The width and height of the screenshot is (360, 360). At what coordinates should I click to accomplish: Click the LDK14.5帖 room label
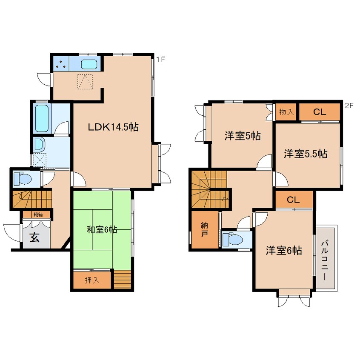(113, 127)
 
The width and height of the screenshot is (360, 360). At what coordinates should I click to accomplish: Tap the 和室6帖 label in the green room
(102, 229)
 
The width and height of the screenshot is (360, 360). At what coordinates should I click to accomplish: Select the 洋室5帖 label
(243, 136)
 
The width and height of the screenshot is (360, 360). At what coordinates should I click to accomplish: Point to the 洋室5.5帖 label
(306, 154)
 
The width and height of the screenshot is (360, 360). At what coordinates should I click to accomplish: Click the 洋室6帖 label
(284, 250)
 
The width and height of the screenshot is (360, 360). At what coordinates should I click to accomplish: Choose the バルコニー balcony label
(325, 260)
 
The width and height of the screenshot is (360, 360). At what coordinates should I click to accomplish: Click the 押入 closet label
(92, 280)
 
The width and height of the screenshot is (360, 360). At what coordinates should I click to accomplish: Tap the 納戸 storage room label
(205, 229)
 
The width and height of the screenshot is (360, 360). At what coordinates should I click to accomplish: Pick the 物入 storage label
(286, 112)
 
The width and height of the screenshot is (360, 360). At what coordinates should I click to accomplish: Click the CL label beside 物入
(320, 112)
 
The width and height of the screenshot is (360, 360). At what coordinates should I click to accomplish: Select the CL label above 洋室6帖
(293, 200)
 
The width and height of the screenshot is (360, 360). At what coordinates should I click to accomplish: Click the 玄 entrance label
(34, 237)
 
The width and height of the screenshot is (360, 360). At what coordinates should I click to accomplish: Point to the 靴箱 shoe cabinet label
(38, 215)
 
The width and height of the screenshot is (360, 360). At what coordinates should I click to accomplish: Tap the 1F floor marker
(161, 60)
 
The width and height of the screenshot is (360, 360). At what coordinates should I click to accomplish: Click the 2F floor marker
(349, 106)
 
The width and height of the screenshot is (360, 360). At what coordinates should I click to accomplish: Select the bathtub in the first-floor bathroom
(42, 118)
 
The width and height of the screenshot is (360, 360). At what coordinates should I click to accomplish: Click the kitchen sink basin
(89, 64)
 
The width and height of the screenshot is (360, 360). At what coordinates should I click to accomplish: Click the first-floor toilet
(22, 178)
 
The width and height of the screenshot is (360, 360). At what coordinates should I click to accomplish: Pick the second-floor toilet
(233, 240)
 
